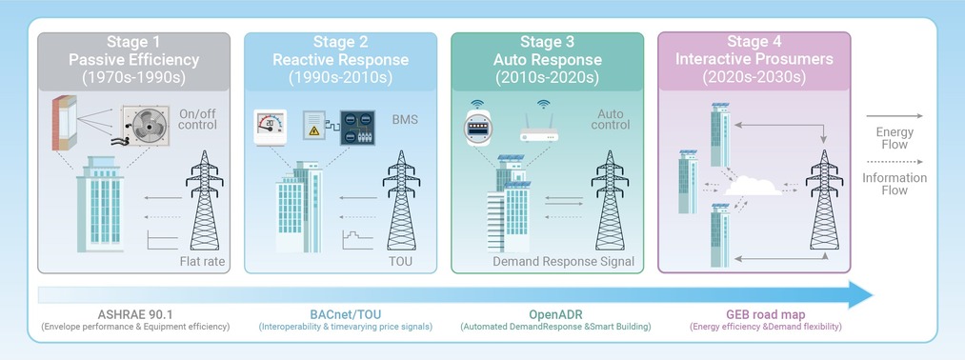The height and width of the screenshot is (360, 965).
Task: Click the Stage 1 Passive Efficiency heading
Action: click(x=133, y=60)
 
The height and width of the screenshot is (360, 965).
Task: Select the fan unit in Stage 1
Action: click(x=146, y=127)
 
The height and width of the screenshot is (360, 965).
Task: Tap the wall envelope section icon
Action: click(x=65, y=123)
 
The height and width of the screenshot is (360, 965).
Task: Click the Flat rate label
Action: click(x=203, y=262)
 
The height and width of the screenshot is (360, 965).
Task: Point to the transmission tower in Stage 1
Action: click(x=204, y=200)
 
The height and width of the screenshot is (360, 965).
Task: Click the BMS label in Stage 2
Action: click(x=404, y=119)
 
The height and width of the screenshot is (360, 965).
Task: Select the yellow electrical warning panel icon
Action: click(x=313, y=125)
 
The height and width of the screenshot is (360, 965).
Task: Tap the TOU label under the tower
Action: click(x=401, y=262)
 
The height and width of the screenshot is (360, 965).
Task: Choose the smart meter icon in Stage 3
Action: click(x=477, y=126)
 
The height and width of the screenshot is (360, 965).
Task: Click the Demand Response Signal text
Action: click(x=563, y=262)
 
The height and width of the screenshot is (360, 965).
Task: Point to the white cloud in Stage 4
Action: click(x=754, y=186)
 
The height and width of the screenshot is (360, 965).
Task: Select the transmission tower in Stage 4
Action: click(x=825, y=200)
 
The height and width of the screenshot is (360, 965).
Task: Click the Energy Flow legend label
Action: click(x=895, y=138)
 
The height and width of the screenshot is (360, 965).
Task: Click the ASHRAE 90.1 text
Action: click(x=134, y=314)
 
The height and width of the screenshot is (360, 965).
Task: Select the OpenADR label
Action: click(x=555, y=314)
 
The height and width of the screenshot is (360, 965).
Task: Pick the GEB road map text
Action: click(x=766, y=314)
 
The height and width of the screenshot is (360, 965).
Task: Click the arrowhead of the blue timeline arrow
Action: click(x=860, y=295)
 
